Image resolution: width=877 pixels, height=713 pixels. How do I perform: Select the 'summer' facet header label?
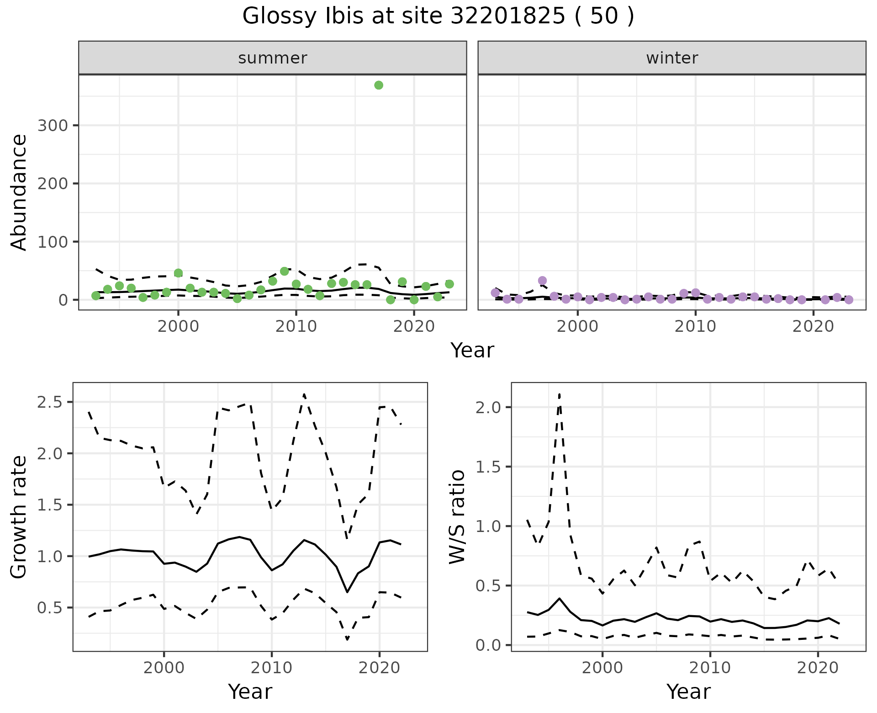pos(272,58)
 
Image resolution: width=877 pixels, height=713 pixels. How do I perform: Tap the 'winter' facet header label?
pos(671,58)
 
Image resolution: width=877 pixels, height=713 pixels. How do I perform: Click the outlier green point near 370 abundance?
pos(378,85)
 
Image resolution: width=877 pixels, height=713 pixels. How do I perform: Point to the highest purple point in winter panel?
pos(542,281)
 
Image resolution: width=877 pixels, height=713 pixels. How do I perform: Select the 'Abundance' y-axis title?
pos(19,192)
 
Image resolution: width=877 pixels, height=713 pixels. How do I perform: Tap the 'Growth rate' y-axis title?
pos(19,517)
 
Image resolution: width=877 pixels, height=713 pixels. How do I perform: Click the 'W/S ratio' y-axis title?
pos(457,517)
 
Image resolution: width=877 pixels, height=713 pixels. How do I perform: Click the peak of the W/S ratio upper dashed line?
pos(560,394)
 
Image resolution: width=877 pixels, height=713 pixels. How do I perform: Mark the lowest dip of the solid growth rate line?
pos(347,592)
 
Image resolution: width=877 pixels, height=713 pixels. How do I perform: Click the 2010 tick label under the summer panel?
pos(296,326)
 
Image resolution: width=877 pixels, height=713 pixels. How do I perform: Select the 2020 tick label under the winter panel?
pos(813,326)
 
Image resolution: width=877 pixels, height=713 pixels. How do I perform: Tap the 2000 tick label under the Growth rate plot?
pos(164,668)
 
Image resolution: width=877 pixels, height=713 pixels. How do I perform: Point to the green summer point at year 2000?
pos(178,273)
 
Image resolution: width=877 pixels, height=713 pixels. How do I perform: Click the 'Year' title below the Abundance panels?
pos(472,351)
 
